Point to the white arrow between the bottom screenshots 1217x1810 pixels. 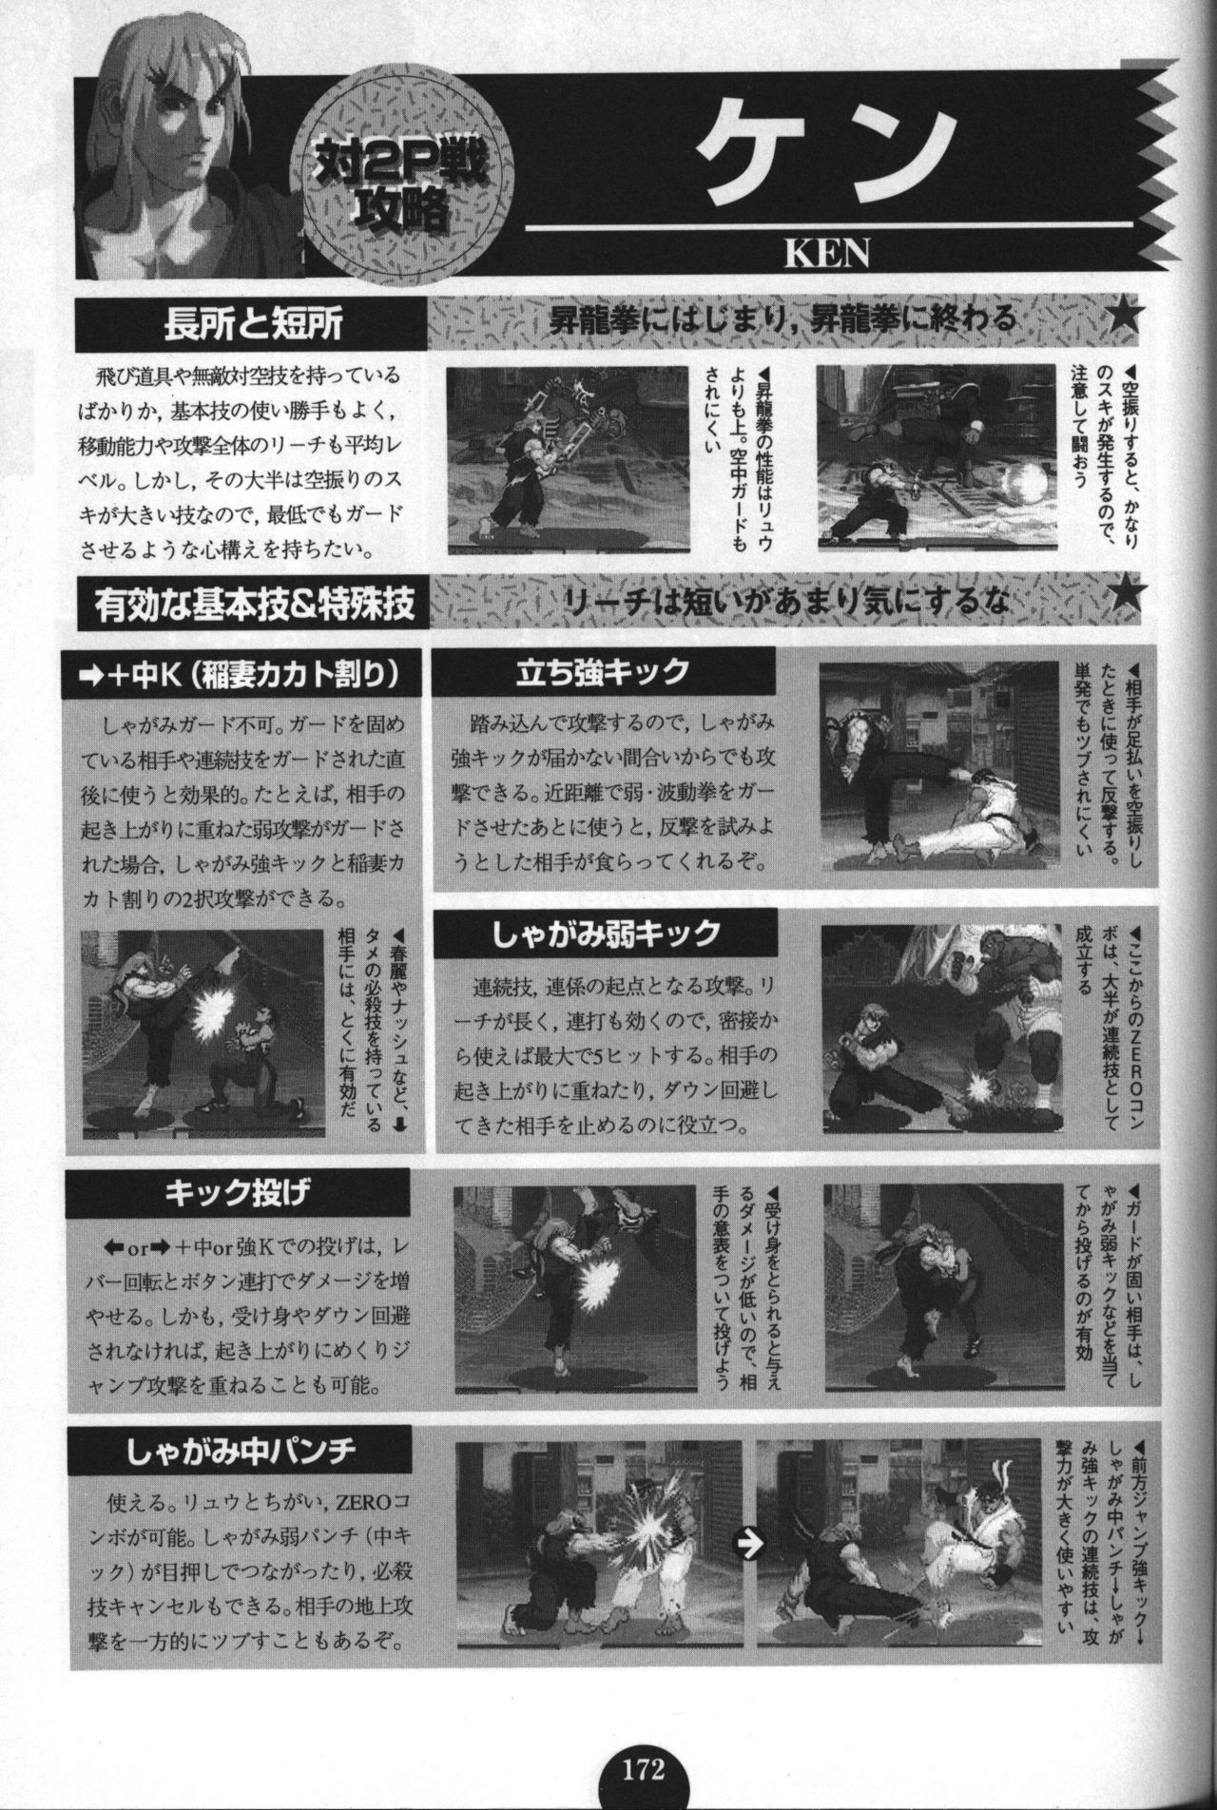[752, 1546]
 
